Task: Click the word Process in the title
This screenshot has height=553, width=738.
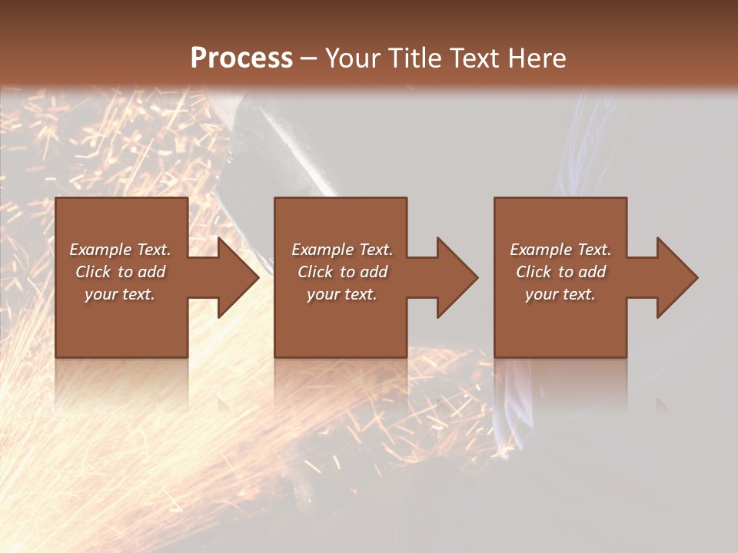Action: point(241,58)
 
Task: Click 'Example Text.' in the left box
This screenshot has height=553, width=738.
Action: point(120,250)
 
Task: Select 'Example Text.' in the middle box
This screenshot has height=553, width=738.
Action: point(342,250)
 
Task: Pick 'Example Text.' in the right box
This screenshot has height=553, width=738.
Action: point(560,250)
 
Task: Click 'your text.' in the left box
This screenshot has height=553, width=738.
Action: point(120,294)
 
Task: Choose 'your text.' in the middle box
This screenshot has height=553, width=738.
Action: point(342,294)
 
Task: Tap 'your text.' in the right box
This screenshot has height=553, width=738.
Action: point(560,294)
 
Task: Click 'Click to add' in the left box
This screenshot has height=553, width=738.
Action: point(120,272)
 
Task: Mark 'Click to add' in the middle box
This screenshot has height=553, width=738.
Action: point(342,272)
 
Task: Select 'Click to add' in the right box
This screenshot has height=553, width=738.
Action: point(560,272)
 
